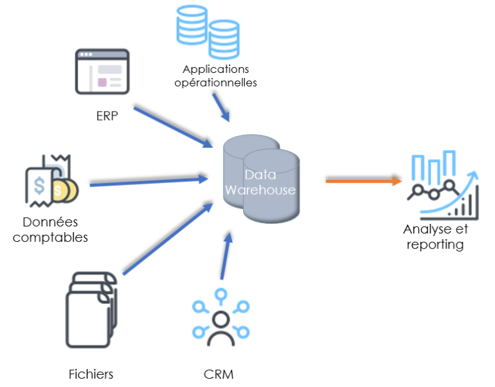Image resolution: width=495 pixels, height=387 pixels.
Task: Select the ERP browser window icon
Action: [100, 71]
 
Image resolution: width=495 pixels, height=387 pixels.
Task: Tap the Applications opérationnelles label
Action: [215, 75]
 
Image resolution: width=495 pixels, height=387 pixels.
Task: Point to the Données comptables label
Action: [50, 230]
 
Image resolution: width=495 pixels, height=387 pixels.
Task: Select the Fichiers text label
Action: [91, 374]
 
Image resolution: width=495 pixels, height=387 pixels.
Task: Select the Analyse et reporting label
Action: [435, 237]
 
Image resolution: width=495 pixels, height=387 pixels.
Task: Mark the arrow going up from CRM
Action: [224, 258]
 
